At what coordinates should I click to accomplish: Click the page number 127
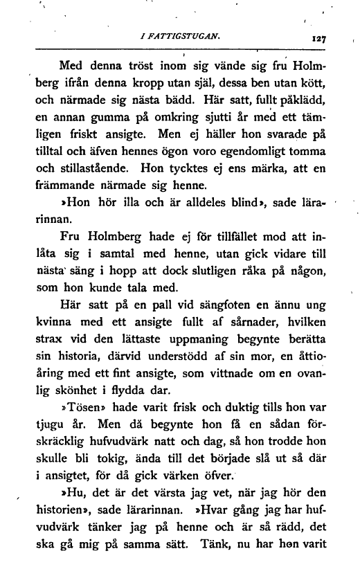318,39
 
